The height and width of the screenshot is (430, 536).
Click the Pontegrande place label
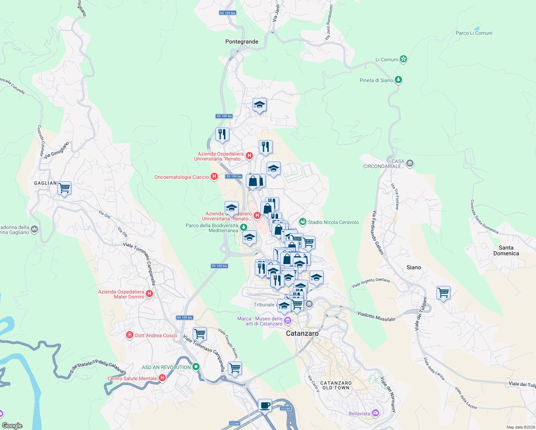[x=241, y=42]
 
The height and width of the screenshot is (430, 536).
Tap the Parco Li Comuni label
[x=474, y=33]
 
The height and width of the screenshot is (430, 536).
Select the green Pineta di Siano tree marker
[x=398, y=80]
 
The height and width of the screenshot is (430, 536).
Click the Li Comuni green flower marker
[x=403, y=59]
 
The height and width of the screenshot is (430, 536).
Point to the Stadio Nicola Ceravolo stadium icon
[x=303, y=222]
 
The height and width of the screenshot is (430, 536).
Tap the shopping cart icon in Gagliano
[x=64, y=188]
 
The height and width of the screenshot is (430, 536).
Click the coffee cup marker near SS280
[x=265, y=405]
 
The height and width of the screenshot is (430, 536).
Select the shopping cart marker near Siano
[x=443, y=292]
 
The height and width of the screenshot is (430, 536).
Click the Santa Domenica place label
[x=506, y=250]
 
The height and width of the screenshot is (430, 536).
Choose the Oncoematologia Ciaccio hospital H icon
[x=214, y=177]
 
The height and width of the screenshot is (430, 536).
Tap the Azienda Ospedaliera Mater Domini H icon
[x=149, y=294]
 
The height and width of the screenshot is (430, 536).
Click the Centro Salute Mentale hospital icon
[x=162, y=378]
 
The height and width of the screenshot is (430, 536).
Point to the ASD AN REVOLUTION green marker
[x=196, y=367]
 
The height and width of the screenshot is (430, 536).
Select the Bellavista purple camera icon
[x=375, y=413]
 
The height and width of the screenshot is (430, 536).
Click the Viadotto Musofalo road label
[x=376, y=316]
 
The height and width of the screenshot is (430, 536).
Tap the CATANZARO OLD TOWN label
[x=336, y=385]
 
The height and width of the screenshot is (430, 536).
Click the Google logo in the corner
[x=12, y=425]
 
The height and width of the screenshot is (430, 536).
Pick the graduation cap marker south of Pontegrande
[x=259, y=105]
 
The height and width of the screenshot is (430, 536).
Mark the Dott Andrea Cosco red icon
[x=129, y=335]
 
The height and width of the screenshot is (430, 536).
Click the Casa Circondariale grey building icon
[x=410, y=163]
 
